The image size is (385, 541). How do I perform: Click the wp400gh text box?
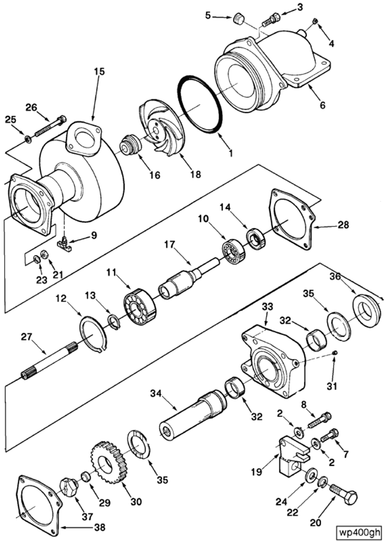point(360,531)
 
